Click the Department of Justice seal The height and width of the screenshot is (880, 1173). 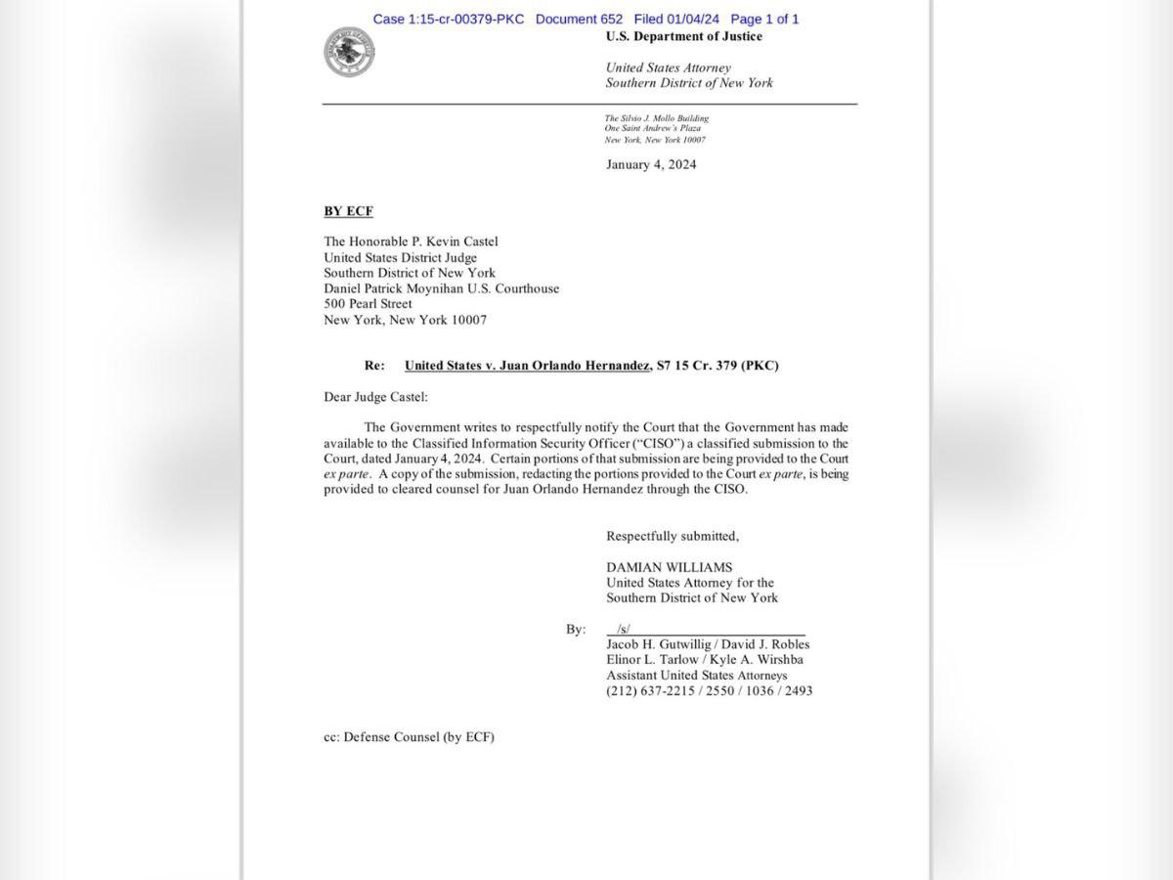tap(349, 52)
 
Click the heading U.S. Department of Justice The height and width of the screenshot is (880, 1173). tap(683, 37)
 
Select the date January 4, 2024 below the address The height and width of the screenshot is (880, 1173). tap(651, 164)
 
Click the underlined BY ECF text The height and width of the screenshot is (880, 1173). tap(348, 211)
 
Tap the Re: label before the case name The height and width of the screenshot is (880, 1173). tap(374, 366)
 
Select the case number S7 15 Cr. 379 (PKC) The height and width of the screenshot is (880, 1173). tap(717, 366)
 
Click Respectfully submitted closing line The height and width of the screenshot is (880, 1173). tap(673, 536)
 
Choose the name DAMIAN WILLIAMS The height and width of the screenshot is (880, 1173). tap(669, 567)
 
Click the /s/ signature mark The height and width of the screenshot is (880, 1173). tap(624, 629)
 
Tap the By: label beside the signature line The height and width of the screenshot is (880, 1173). tap(576, 629)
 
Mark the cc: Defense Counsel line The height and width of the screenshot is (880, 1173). tap(409, 737)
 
